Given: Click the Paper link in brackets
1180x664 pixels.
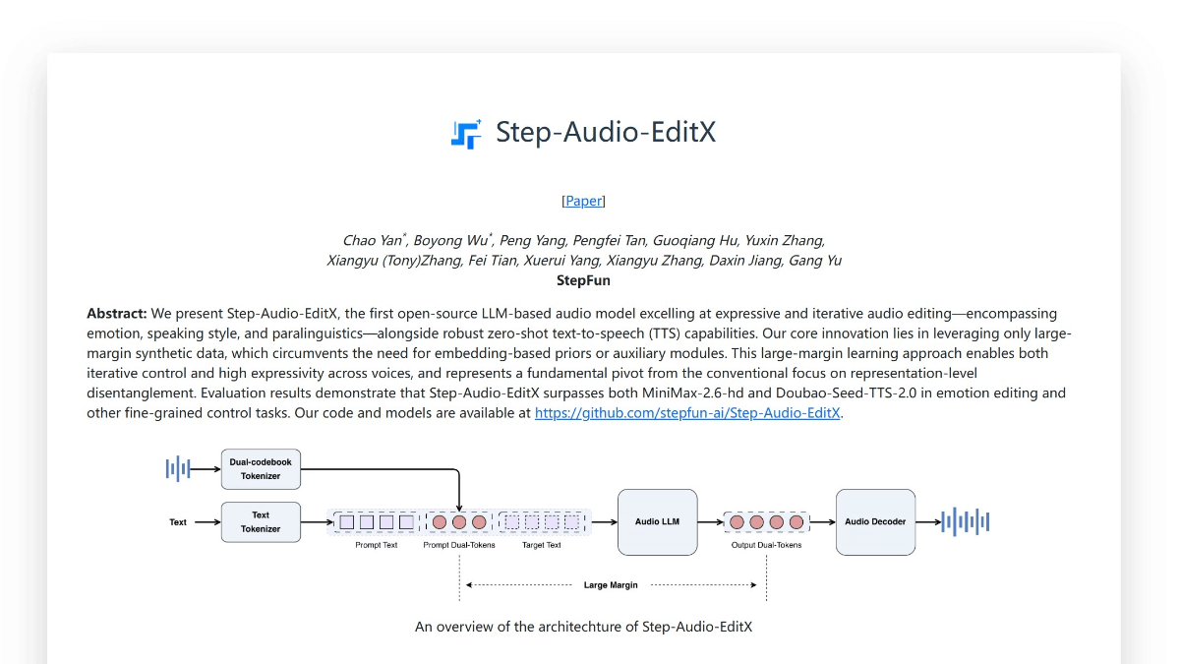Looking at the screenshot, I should pos(583,201).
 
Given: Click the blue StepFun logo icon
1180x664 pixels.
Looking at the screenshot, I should pos(466,134).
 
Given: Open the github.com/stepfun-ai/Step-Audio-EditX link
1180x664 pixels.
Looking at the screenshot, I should pos(687,413).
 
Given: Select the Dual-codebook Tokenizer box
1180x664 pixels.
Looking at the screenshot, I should pos(261,469).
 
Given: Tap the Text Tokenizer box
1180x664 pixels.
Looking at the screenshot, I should pos(261,522).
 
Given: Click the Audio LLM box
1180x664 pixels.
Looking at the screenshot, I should pos(657,522).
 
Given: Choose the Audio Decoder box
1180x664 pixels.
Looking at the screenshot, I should pos(875,522).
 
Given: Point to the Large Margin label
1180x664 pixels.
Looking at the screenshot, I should pos(611,585).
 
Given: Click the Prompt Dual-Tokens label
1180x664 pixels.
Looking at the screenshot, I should pos(459,545).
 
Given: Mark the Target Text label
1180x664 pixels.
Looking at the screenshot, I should pos(541,545).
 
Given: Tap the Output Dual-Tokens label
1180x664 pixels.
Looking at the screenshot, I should pos(766,545).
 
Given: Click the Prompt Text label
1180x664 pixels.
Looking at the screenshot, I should pos(377,545).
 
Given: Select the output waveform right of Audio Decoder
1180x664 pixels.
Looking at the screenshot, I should pos(965,522).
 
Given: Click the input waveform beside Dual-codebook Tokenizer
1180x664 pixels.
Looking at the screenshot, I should pos(177,469).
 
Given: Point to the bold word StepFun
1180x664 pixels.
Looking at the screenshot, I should pos(583,280).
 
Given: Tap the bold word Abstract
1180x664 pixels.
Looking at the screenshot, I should pos(117,314).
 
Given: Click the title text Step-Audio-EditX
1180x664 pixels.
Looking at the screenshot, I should pos(606,133).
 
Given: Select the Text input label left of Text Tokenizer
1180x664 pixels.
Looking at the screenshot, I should pos(178,522).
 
